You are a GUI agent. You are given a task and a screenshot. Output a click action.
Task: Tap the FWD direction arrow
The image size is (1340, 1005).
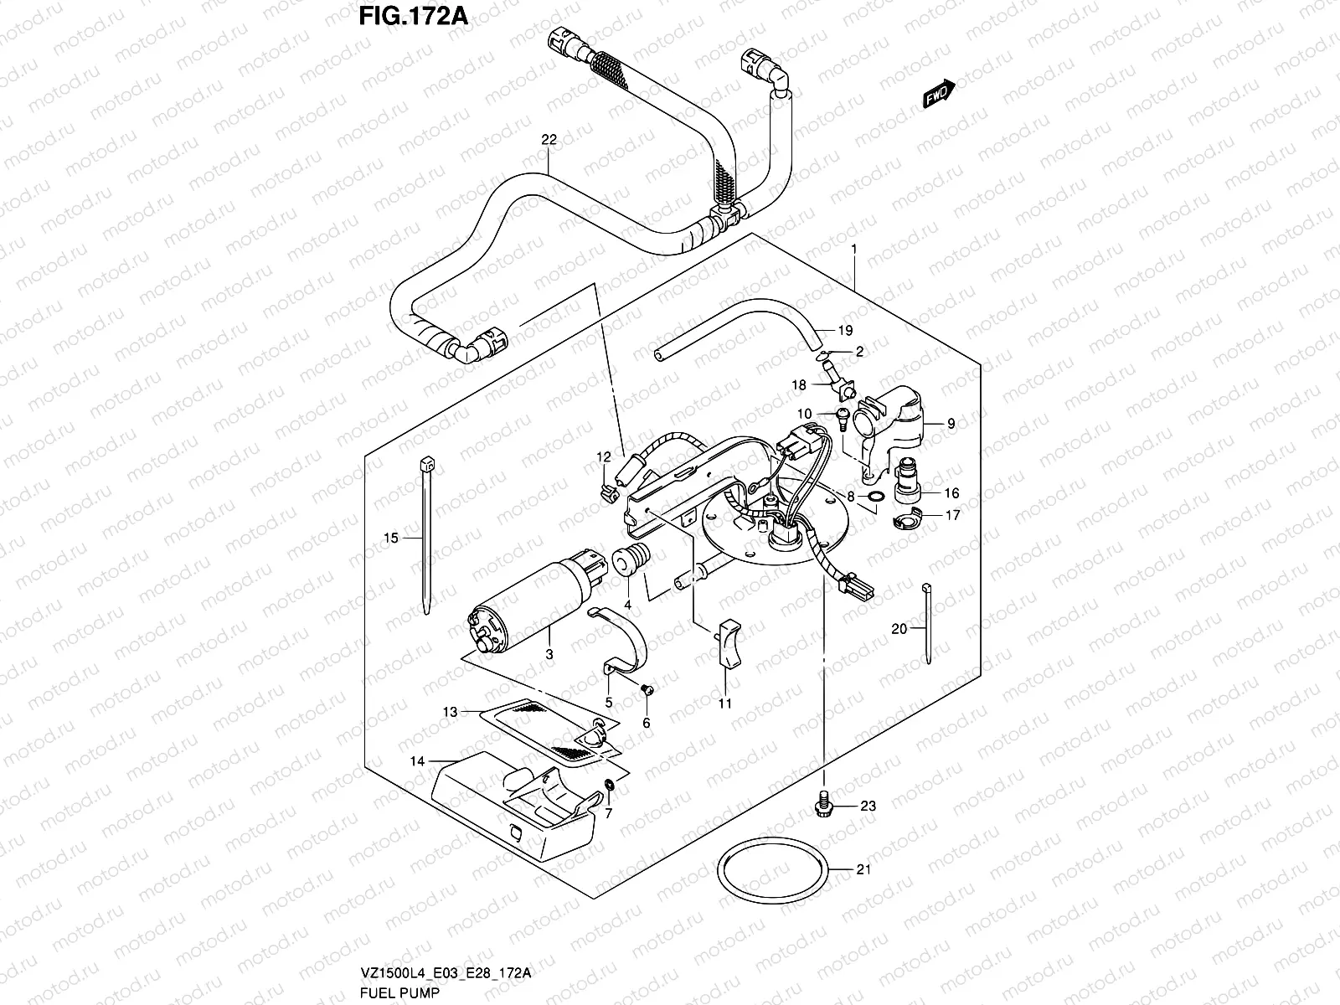pyautogui.click(x=939, y=93)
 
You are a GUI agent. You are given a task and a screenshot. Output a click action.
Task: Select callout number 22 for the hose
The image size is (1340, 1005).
pyautogui.click(x=549, y=141)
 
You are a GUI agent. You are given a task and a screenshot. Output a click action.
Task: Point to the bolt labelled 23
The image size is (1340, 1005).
pyautogui.click(x=823, y=804)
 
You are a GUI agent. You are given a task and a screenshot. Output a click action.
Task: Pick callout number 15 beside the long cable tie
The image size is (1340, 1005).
pyautogui.click(x=391, y=538)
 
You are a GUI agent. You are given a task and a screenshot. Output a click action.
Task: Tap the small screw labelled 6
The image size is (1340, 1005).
pyautogui.click(x=646, y=689)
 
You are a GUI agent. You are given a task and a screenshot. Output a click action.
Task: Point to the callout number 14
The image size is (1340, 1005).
pyautogui.click(x=417, y=761)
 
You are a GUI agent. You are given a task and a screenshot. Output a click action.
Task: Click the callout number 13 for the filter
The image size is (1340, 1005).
pyautogui.click(x=451, y=712)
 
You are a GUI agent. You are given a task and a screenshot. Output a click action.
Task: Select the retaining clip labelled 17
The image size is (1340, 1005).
pyautogui.click(x=907, y=523)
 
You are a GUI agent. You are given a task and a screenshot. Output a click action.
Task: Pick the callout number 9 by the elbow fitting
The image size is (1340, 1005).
pyautogui.click(x=951, y=425)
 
